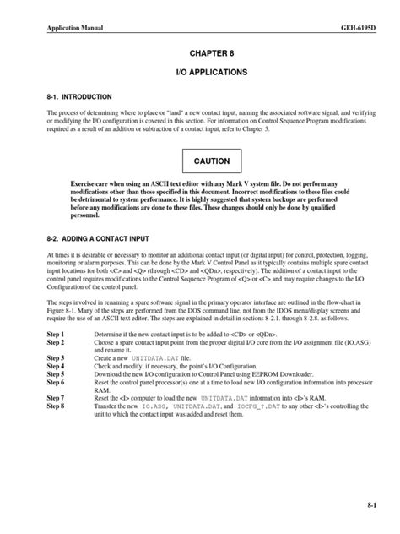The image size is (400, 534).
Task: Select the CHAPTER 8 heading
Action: (x=200, y=53)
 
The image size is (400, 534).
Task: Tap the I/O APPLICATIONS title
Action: (x=200, y=74)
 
